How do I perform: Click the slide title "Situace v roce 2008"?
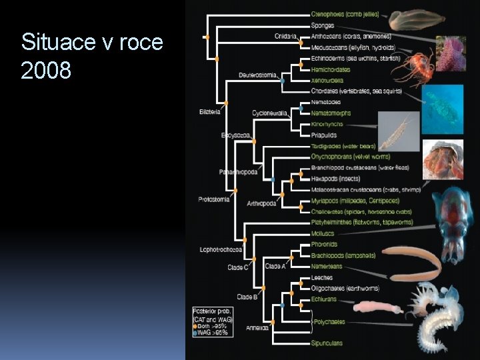(92, 55)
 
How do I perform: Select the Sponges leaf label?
(323, 25)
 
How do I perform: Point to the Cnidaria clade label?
(285, 36)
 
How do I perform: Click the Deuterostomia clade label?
(257, 75)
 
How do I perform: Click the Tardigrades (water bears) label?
(343, 146)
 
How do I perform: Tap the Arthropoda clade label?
(261, 203)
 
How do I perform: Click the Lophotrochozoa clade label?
(221, 250)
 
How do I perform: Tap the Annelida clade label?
(257, 328)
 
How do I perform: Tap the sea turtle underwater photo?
(443, 108)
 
